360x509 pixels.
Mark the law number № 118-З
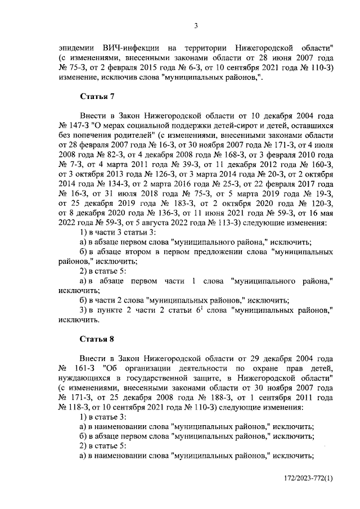point(74,407)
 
